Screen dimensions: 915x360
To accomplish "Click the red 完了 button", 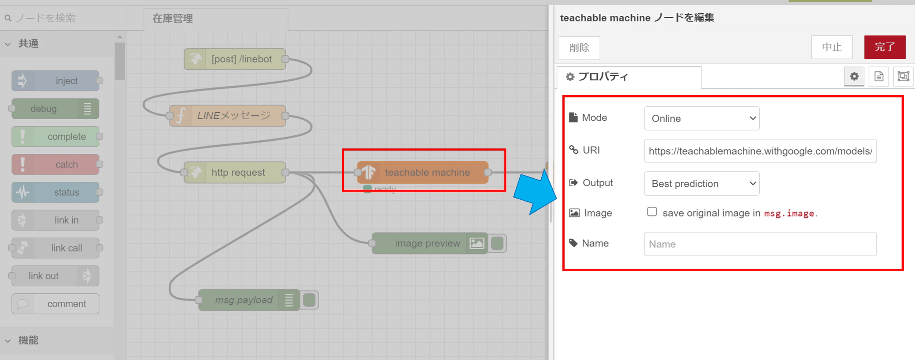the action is point(885,47).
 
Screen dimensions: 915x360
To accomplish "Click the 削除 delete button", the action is point(579,48).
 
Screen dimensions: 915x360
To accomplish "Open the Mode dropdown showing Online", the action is point(701,118).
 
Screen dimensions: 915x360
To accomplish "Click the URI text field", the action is point(760,151).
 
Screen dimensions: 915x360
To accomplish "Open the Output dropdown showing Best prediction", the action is point(701,184).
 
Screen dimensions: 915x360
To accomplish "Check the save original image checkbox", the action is point(652,212).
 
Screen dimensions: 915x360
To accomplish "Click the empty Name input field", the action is point(760,244).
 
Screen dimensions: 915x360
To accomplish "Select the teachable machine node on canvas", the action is point(423,173).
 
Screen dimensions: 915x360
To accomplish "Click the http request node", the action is point(235,173).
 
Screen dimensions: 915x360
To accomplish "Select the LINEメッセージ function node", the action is point(227,116).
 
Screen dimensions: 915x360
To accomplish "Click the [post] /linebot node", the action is point(235,59).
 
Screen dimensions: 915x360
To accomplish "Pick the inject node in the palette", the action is point(56,81).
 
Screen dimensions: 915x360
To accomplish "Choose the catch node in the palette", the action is point(56,164).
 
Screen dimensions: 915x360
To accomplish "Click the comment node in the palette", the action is point(56,304).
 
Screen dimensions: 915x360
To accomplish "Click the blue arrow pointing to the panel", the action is point(536,192).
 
